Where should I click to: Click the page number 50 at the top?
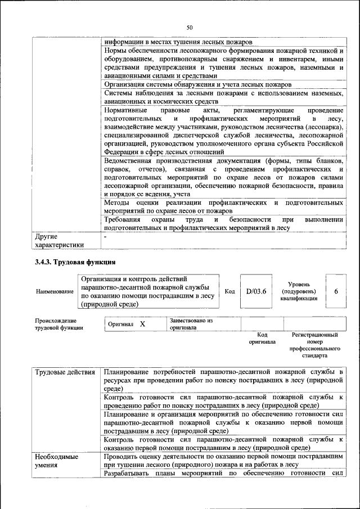190,27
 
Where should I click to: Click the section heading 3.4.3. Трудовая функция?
75,262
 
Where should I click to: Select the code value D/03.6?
256,291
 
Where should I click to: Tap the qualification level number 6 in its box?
336,291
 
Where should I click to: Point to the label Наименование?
55,291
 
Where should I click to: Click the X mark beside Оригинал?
142,324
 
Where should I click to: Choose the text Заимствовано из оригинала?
191,323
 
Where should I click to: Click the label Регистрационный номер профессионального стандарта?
315,345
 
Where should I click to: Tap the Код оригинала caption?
262,338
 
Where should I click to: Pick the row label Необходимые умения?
56,461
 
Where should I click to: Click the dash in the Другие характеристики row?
106,237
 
